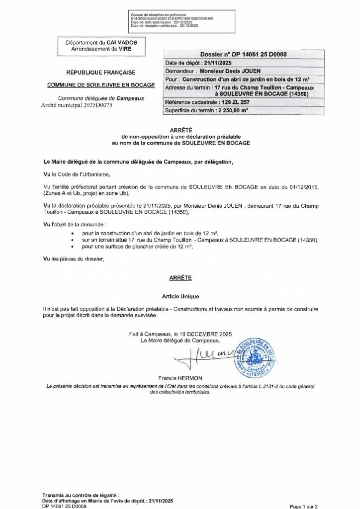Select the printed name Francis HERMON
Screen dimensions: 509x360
pos(180,378)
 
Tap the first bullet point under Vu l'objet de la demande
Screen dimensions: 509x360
pos(74,233)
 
